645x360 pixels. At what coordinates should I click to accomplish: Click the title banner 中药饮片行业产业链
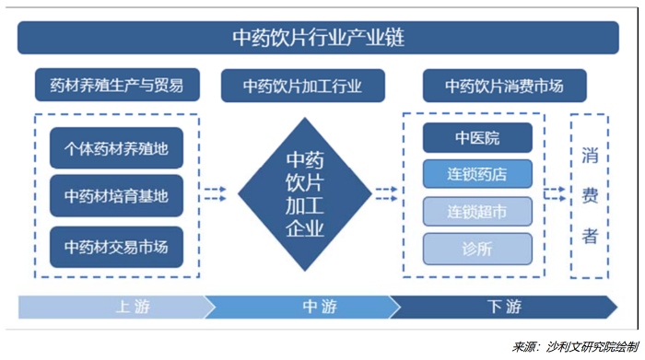(318, 39)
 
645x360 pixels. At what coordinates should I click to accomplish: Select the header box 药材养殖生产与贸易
(116, 87)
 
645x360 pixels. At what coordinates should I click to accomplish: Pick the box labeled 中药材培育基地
(116, 196)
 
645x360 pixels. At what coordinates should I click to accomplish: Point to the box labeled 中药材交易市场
(116, 247)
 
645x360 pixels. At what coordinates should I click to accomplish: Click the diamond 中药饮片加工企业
(305, 194)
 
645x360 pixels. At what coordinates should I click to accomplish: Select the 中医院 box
(477, 138)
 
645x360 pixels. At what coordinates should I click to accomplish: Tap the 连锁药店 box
(477, 174)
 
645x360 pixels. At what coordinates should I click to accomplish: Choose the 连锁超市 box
(477, 212)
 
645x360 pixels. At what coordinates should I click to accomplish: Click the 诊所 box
(477, 249)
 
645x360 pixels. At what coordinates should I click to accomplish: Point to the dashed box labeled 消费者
(590, 195)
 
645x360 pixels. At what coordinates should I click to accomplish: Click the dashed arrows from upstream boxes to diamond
(214, 194)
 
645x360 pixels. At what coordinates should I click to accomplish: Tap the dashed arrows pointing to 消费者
(554, 194)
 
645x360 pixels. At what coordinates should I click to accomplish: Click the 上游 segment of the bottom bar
(111, 308)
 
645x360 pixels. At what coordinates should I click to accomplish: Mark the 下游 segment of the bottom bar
(502, 308)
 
